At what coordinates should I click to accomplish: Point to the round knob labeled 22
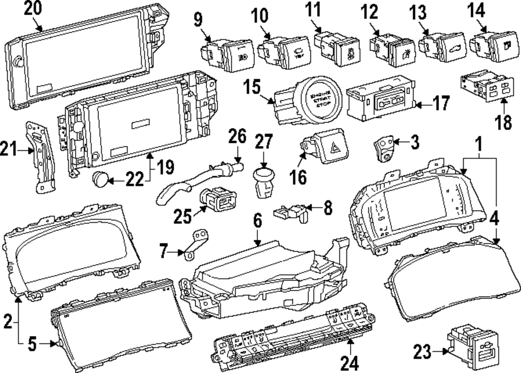[102, 180]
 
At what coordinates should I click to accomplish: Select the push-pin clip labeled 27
[265, 182]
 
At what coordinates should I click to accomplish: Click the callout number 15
[252, 86]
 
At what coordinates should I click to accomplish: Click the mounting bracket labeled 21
[42, 156]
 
